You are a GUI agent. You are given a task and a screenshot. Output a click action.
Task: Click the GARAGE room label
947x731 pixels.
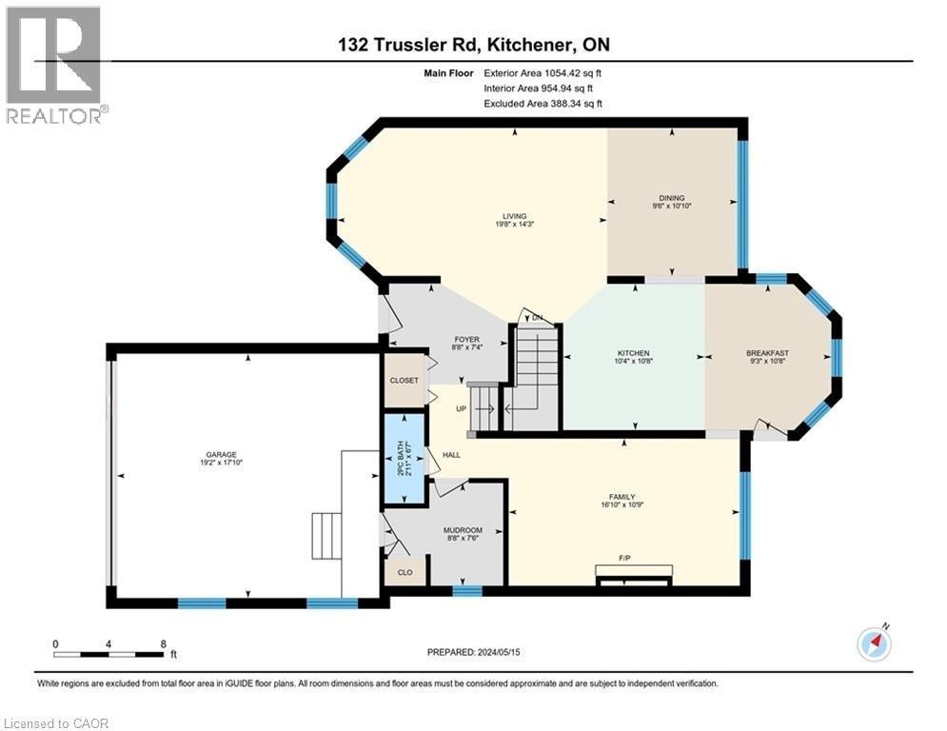pos(218,454)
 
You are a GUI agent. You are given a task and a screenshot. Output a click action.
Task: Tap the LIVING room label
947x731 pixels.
pos(515,216)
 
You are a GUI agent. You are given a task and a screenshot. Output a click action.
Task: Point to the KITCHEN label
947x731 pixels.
pos(633,353)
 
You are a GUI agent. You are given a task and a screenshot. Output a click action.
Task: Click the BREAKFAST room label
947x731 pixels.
pos(767,353)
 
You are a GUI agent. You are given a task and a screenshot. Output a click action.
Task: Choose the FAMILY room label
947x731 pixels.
pos(622,496)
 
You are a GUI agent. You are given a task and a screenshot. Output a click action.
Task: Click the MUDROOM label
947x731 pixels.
pos(463,530)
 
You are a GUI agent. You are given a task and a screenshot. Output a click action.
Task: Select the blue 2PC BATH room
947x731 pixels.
pos(403,460)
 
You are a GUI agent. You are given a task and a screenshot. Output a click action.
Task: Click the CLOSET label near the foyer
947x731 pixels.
pos(404,380)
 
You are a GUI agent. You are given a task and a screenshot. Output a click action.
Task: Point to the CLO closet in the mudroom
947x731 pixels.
pos(404,573)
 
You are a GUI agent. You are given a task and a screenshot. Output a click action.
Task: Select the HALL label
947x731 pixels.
pos(451,455)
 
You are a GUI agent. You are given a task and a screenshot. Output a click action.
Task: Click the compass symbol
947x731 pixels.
pos(873,643)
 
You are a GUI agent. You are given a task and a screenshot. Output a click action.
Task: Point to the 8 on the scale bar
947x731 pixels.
pos(164,643)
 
